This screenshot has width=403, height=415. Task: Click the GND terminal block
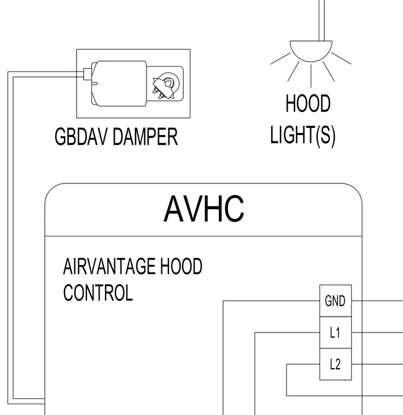[335, 301]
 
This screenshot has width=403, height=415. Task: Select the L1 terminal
[335, 333]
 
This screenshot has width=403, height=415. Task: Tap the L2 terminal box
[335, 364]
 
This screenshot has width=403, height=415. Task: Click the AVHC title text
[204, 209]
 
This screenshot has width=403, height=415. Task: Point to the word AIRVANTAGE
[109, 266]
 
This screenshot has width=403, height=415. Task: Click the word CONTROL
[98, 293]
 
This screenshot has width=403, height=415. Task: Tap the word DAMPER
[145, 137]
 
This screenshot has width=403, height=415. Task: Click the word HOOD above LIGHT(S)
[308, 103]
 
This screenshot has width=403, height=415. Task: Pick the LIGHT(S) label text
[303, 135]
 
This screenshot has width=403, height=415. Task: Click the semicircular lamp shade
[311, 51]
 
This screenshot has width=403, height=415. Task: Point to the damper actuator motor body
[119, 84]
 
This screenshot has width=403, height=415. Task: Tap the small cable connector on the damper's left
[87, 74]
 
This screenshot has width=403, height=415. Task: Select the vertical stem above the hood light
[322, 20]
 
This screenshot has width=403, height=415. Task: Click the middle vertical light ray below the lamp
[311, 76]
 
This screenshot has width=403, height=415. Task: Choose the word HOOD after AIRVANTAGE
[181, 266]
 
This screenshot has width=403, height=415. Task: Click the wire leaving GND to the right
[377, 301]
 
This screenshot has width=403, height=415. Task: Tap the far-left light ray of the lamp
[281, 58]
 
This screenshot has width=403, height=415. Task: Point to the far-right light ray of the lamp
[342, 58]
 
